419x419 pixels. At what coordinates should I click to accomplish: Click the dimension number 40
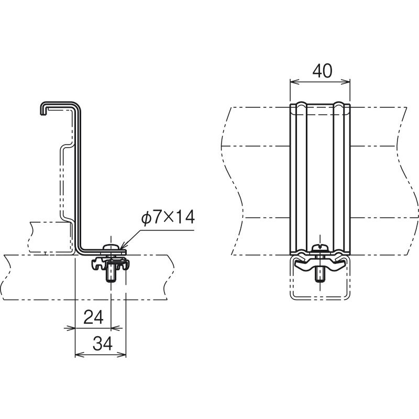click(x=322, y=71)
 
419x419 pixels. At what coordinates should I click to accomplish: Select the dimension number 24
click(x=93, y=317)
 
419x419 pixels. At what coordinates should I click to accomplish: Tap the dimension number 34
click(x=103, y=344)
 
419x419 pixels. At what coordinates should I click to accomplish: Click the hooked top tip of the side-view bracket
click(x=42, y=112)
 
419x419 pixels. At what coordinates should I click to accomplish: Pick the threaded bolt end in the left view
click(x=111, y=273)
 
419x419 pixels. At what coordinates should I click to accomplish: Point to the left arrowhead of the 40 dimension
click(x=293, y=82)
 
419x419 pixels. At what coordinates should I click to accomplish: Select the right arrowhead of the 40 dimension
click(x=346, y=82)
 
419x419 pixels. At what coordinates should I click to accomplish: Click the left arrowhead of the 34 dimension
click(x=79, y=355)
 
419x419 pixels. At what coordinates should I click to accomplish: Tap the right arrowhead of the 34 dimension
click(x=122, y=355)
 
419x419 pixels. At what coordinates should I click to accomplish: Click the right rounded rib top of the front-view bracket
click(x=339, y=104)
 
